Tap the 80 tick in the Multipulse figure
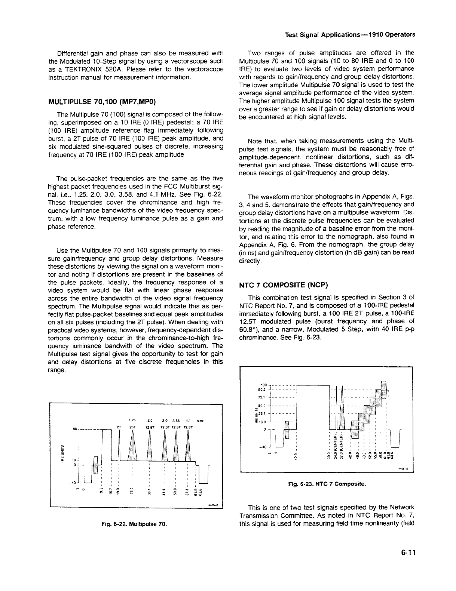tap(75, 428)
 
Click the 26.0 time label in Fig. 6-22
tap(131, 490)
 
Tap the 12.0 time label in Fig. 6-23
tap(296, 456)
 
